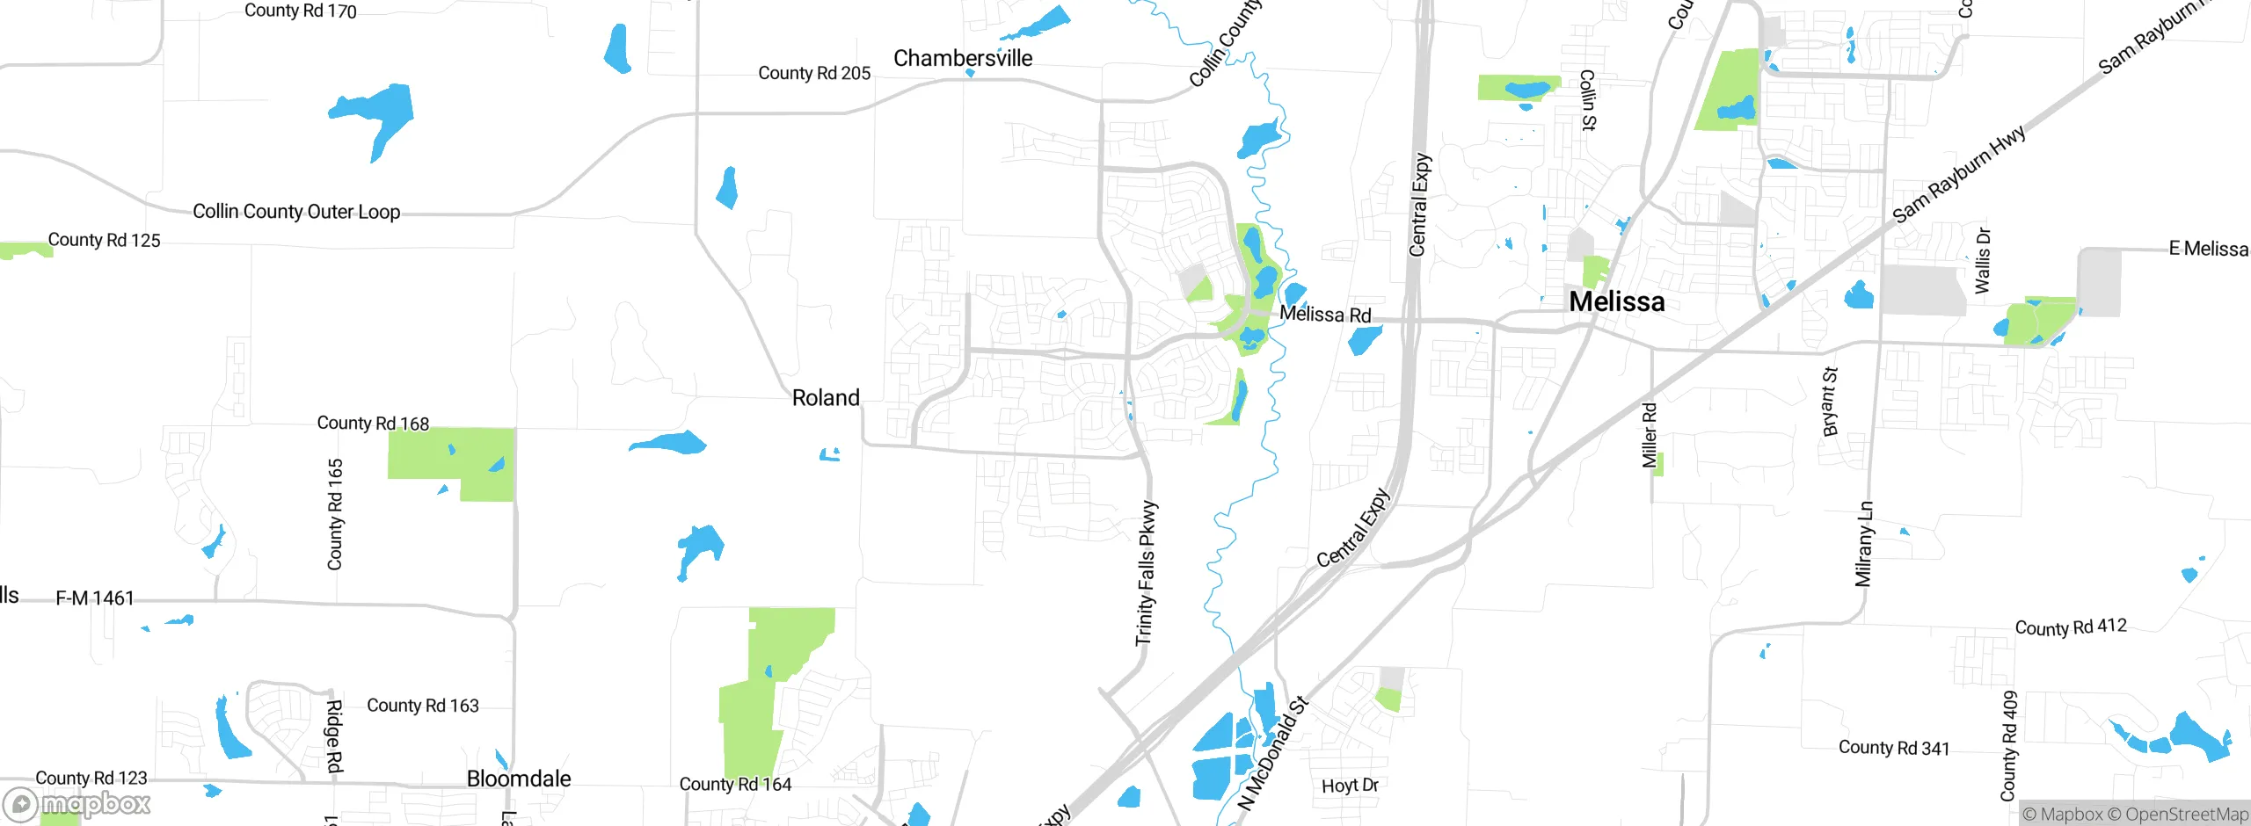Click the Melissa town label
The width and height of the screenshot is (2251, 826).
[1616, 301]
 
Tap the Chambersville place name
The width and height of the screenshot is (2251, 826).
[963, 58]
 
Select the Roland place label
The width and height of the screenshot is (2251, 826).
[826, 398]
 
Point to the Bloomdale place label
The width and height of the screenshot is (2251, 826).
[519, 779]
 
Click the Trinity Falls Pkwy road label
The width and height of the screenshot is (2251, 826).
[1146, 573]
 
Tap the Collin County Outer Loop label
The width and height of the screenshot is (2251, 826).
[296, 212]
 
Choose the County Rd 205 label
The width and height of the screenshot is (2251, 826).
[814, 73]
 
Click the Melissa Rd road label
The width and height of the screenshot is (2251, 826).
[1325, 315]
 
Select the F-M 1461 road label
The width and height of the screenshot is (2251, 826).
[95, 598]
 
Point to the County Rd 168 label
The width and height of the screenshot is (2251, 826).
[373, 424]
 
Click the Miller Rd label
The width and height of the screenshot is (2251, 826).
[1650, 435]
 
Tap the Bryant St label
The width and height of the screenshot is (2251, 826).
[1831, 401]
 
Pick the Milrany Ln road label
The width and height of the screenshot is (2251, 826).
[1865, 543]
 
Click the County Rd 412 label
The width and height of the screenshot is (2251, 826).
[2071, 627]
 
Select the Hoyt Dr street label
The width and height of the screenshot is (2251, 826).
[1350, 785]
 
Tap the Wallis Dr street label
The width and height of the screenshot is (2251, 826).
[1983, 260]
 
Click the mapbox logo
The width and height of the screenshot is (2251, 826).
[77, 803]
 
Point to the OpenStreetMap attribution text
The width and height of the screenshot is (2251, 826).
[2186, 815]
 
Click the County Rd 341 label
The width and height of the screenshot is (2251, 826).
[1894, 748]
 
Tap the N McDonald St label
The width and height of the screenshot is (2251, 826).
[1273, 753]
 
